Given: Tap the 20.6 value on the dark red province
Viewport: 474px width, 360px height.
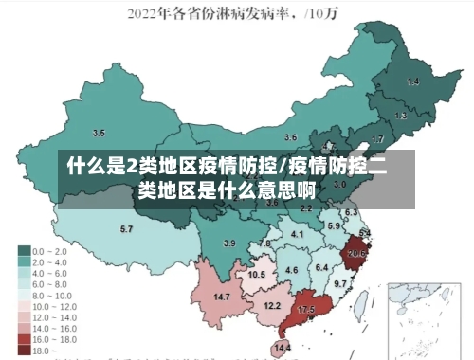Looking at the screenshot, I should (x=356, y=253).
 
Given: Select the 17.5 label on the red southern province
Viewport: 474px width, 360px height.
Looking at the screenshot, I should (x=305, y=310).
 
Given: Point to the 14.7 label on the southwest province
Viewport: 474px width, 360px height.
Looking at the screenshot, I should (x=222, y=297).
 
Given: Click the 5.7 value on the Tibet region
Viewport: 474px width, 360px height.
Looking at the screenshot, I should (x=126, y=229).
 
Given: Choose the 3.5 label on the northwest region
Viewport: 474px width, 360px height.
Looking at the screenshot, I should (x=99, y=133).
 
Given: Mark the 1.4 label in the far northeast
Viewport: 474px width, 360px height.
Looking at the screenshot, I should (x=412, y=82).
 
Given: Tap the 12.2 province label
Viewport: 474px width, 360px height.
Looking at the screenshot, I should (x=272, y=305).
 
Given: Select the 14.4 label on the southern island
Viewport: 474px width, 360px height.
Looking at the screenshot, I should (x=282, y=349).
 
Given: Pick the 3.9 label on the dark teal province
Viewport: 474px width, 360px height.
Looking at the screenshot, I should (x=228, y=243).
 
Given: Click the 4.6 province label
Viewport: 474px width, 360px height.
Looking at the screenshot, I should (x=291, y=271).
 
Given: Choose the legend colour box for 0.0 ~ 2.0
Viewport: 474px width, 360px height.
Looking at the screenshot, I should (x=24, y=251).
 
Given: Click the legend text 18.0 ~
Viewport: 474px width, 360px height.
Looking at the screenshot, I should (x=45, y=350).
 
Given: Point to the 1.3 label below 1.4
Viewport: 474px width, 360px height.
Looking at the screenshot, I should (x=401, y=116).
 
